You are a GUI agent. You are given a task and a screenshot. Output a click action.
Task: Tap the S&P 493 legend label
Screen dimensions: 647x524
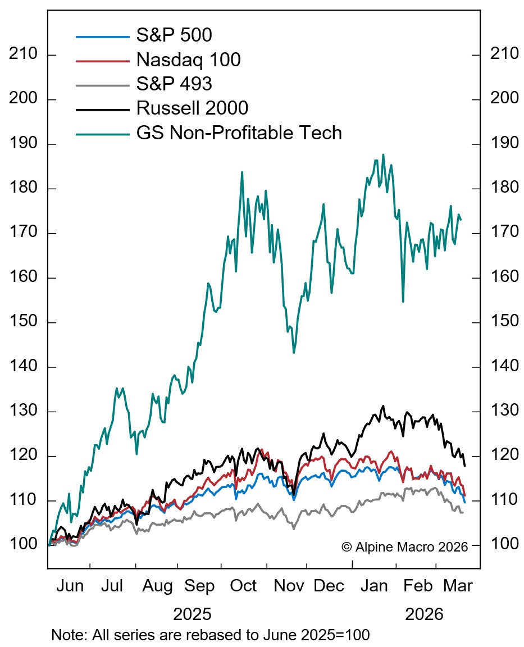[x=174, y=84]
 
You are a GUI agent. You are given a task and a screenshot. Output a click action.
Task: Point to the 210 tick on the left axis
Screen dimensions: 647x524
[x=24, y=55]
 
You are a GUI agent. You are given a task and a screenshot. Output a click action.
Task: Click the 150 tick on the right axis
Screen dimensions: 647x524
[x=503, y=322]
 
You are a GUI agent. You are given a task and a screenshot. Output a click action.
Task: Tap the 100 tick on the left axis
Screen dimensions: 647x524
[x=24, y=545]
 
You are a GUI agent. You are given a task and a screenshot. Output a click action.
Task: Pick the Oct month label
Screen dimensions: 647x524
[x=243, y=587]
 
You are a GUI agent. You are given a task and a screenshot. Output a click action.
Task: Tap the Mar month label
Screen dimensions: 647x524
[x=458, y=587]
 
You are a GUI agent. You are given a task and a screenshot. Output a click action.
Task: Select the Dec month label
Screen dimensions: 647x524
[x=329, y=587]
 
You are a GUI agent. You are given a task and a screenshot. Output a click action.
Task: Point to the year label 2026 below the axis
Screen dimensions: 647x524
[x=424, y=614]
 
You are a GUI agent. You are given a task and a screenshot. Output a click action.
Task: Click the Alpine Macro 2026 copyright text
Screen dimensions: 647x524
[x=404, y=546]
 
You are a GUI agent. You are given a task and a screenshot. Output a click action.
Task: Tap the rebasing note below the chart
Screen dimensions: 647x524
[x=210, y=636]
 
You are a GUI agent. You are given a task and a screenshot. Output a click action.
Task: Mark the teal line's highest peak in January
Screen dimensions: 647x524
[x=384, y=154]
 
